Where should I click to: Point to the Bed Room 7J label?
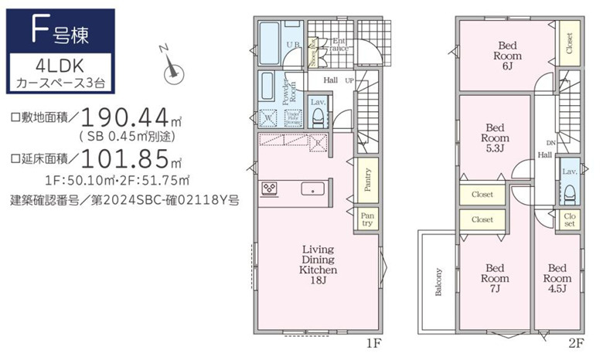click(x=495, y=278)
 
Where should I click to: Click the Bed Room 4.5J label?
click(x=557, y=278)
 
